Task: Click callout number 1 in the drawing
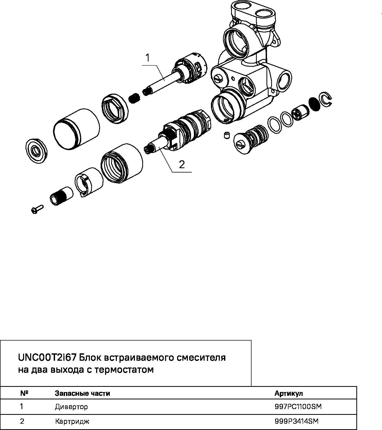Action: [x=148, y=58]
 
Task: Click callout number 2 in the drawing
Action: [x=182, y=164]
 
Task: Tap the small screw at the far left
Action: [x=37, y=209]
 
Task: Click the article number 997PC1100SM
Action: [x=298, y=407]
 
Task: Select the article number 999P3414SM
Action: [x=297, y=421]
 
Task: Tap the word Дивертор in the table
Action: [x=71, y=407]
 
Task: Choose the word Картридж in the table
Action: [x=72, y=422]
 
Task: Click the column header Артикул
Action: [x=288, y=393]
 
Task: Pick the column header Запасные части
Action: [x=82, y=393]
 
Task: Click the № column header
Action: [x=24, y=393]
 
